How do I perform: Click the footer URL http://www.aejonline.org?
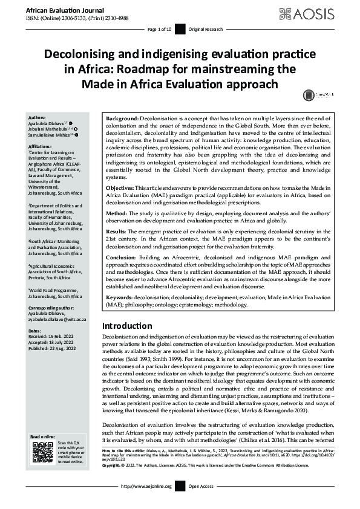tap(147, 503)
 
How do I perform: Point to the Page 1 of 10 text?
tap(160, 29)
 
